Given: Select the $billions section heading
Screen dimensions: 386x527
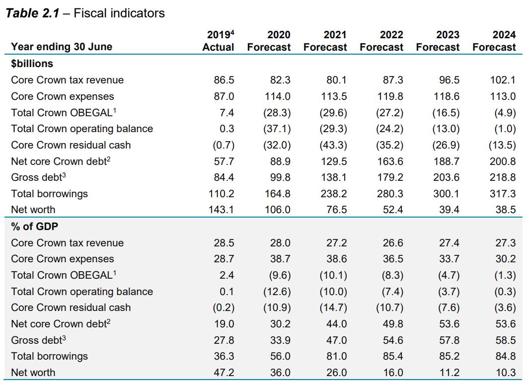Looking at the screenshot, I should click(x=32, y=64).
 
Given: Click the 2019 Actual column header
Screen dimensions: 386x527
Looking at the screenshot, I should click(x=219, y=41).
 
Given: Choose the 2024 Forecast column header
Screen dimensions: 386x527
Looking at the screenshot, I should click(x=494, y=41).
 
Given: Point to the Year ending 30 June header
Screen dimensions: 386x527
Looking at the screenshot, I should click(x=62, y=47).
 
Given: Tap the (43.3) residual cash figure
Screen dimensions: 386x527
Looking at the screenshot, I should click(x=333, y=145).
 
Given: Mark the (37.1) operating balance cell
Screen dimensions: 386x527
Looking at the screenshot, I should click(x=277, y=129).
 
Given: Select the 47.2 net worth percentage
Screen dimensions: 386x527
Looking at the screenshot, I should click(x=223, y=373).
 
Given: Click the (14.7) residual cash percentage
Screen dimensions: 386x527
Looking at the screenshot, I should click(x=333, y=308).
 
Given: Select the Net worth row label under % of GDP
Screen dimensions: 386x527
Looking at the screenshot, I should click(x=33, y=373).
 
